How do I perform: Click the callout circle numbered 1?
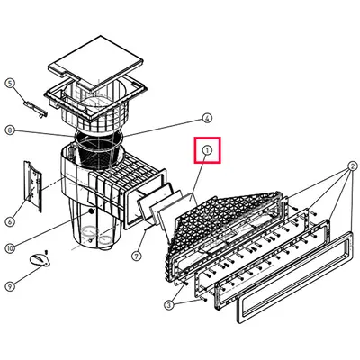[x=207, y=150]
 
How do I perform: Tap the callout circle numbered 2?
[x=352, y=166]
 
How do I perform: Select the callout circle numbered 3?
[x=169, y=305]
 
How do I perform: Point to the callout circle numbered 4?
[x=206, y=118]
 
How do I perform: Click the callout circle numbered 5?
[x=10, y=83]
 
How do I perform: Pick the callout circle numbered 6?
[x=10, y=221]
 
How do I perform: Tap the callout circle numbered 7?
[x=136, y=256]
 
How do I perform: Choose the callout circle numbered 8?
[x=10, y=130]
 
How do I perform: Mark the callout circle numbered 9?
[x=10, y=286]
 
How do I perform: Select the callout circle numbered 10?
[x=10, y=248]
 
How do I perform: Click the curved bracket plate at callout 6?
[x=33, y=186]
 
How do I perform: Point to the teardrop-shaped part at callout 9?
[x=40, y=259]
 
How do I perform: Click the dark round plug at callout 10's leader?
[x=91, y=211]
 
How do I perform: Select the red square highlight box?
[x=207, y=150]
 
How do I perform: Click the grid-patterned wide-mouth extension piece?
[x=225, y=231]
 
